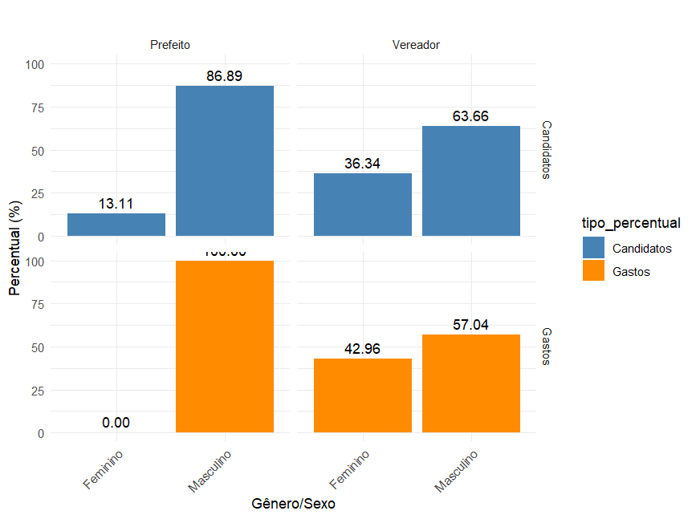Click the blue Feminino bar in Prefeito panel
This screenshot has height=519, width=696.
pos(116,225)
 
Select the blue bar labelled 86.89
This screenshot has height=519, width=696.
pos(225,160)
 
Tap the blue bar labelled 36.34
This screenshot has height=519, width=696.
pos(363,205)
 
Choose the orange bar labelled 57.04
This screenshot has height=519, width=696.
pos(471,383)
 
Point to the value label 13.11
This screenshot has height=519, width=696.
pos(116,204)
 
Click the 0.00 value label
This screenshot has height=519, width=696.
pos(116,423)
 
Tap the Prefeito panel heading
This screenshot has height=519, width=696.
pos(170,45)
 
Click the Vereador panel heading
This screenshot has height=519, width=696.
pos(416,45)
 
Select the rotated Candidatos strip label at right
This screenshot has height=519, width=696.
pos(546,150)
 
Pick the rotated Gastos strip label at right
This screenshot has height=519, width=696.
pos(546,347)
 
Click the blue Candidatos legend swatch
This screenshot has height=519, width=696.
pos(594,248)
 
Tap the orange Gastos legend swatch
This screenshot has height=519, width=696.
pos(594,271)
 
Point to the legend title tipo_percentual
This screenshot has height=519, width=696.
pos(632,222)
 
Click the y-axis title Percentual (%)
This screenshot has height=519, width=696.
pos(15,249)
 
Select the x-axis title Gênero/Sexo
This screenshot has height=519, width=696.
pos(293,504)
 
